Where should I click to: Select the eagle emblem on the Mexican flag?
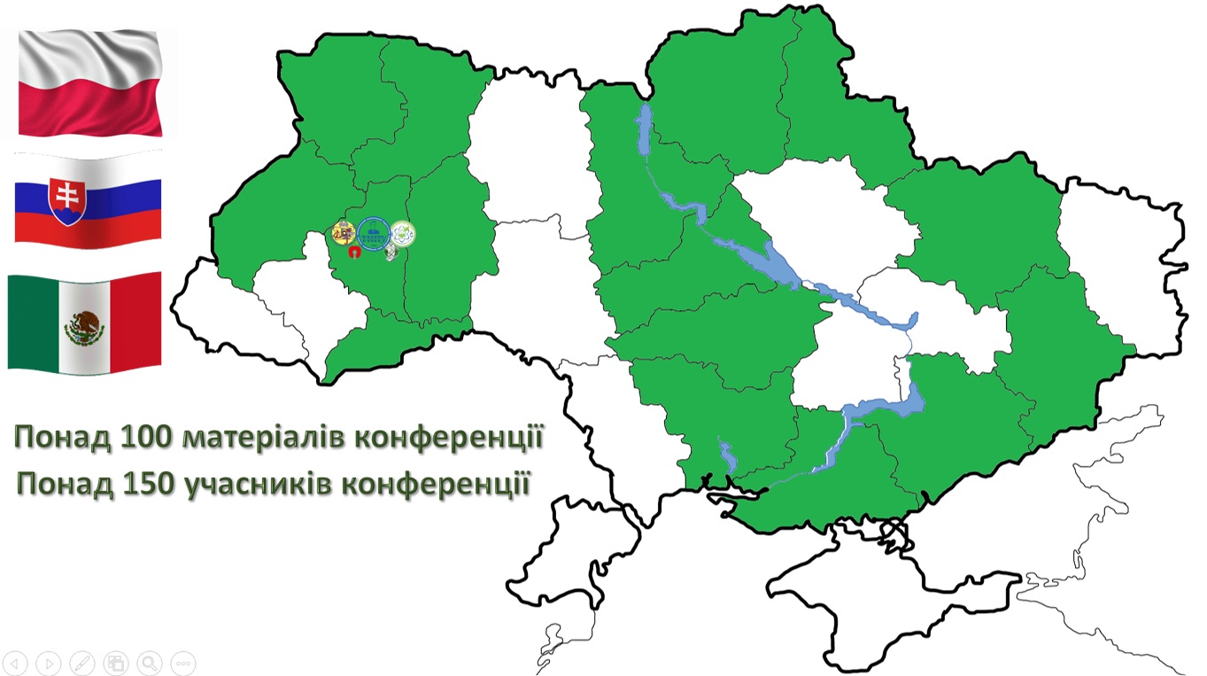[85, 329]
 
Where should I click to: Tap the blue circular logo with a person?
[373, 233]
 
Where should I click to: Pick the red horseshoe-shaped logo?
[353, 253]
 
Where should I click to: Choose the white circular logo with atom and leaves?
[403, 233]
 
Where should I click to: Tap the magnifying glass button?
[149, 662]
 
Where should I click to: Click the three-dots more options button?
[182, 662]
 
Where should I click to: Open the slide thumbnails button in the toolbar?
[115, 662]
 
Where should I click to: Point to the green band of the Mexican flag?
[31, 322]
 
